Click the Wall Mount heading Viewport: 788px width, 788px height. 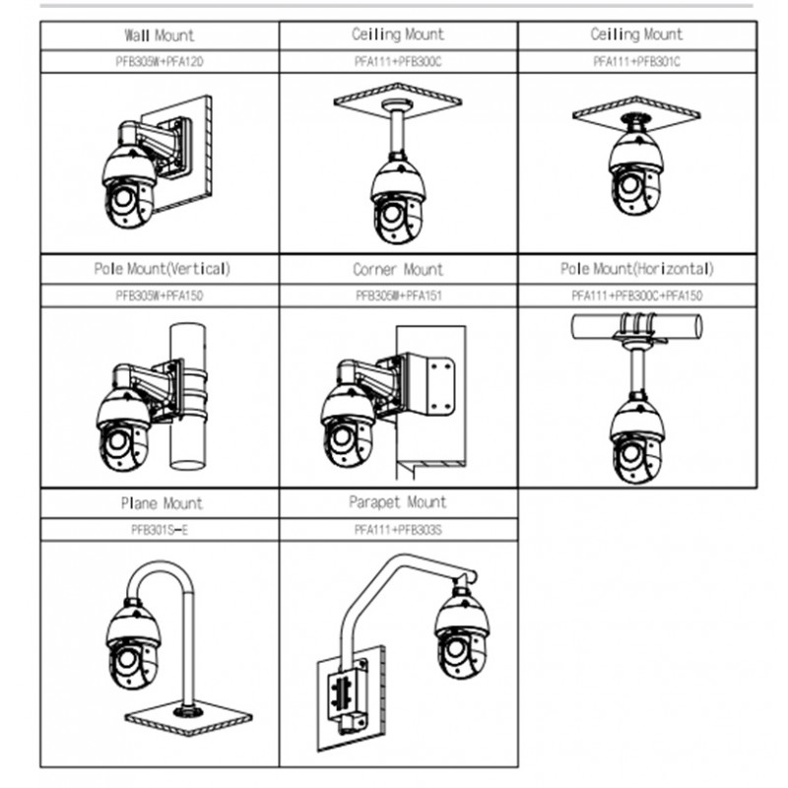159,34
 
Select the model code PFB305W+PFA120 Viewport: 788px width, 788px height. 159,61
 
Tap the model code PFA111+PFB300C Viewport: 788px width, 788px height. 398,61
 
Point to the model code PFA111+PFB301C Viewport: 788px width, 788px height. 636,61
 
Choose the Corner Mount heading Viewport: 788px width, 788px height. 398,269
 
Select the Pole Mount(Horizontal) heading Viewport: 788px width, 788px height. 636,269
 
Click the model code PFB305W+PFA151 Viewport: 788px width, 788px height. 398,295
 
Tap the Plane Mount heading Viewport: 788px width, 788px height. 161,503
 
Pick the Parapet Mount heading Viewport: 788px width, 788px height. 398,502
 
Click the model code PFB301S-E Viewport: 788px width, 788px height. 160,529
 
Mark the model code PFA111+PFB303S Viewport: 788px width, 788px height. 398,529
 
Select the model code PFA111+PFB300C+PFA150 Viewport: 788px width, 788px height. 636,295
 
